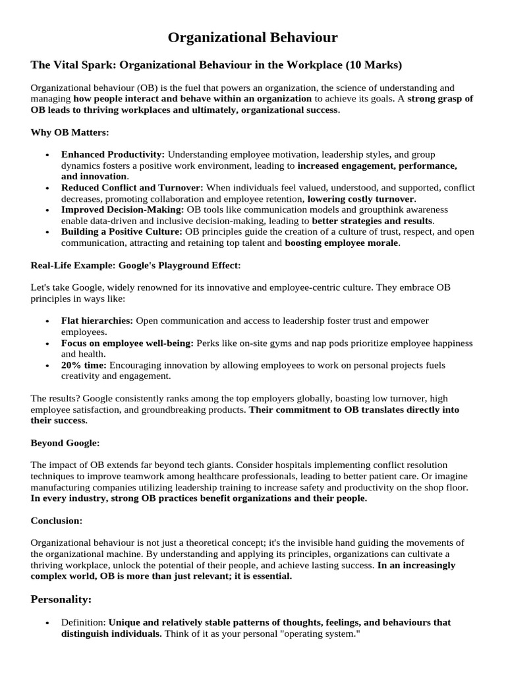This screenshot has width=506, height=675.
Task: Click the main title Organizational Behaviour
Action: [x=253, y=38]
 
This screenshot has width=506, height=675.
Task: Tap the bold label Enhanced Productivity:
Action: [x=113, y=154]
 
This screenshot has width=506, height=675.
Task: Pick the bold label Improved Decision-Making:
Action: [x=123, y=210]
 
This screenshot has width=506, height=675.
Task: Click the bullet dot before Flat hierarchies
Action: [x=47, y=321]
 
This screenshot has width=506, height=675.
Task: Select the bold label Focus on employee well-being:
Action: [x=126, y=343]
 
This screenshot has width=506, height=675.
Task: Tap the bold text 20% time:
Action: [x=84, y=365]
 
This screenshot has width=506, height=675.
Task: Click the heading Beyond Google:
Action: [x=65, y=443]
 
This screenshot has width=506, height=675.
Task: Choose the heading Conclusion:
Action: [x=57, y=521]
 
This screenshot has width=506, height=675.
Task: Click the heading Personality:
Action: [x=61, y=599]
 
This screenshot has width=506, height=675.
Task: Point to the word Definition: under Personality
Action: [x=84, y=622]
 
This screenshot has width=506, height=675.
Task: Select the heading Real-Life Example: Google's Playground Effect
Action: [x=135, y=266]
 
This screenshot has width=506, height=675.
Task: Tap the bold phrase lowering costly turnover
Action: [x=360, y=199]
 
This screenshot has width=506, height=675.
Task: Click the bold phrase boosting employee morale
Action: [x=341, y=243]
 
